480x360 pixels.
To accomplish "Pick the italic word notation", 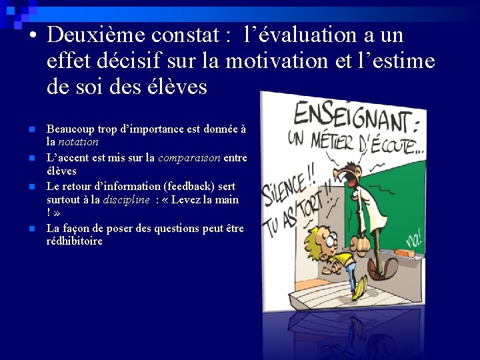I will pyautogui.click(x=78, y=142).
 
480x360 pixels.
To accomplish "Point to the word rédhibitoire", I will pyautogui.click(x=74, y=241).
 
